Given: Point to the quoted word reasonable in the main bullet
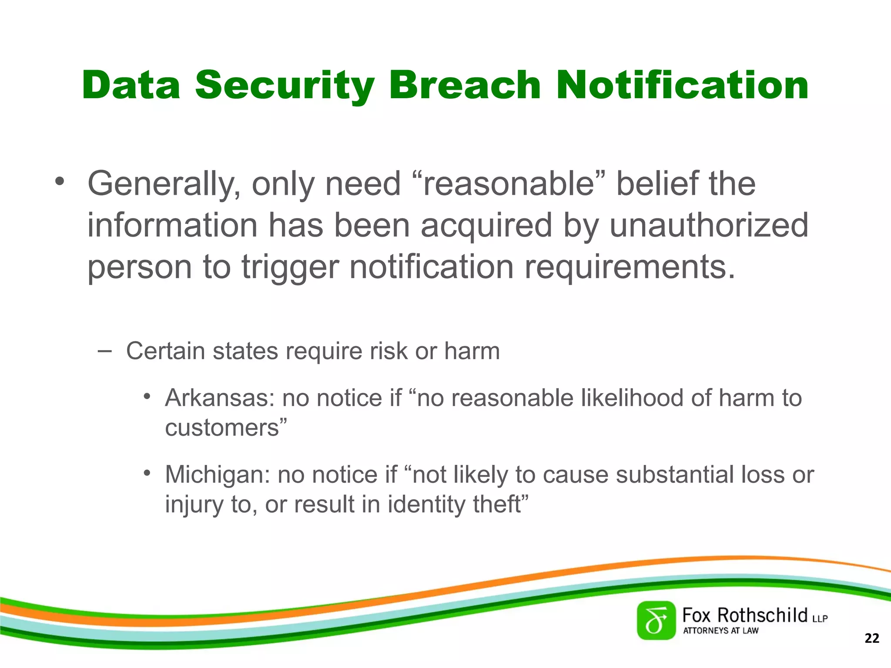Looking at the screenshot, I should coord(508,184).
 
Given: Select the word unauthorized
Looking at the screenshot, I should coord(709,225).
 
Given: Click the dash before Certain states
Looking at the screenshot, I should coord(104,350).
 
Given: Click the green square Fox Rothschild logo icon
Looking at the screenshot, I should coord(656,621).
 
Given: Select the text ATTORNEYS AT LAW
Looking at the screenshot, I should coord(720,631).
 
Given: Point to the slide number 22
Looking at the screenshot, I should coord(872,638).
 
